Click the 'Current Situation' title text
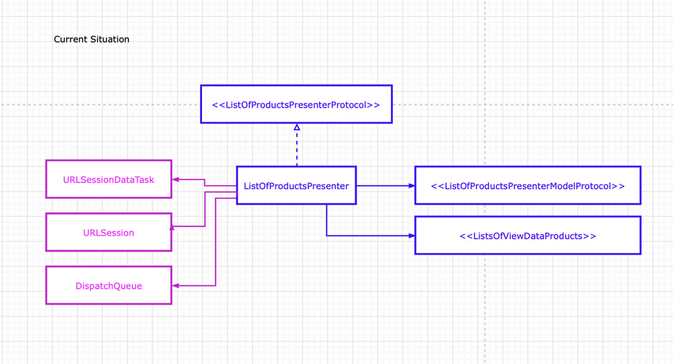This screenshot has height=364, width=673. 92,40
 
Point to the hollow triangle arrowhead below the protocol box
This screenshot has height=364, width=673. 297,126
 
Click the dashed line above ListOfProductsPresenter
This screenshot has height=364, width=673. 297,148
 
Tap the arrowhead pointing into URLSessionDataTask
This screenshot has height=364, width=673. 176,180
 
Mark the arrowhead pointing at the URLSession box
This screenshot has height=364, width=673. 172,228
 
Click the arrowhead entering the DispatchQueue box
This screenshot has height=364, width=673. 176,286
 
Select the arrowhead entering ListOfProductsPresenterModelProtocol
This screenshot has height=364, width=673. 412,186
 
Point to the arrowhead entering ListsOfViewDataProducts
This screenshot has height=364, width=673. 412,235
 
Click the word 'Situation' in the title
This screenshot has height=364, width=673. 110,40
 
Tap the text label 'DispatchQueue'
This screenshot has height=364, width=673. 108,286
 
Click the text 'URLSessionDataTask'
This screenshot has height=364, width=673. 108,180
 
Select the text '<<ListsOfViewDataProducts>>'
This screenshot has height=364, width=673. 528,236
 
